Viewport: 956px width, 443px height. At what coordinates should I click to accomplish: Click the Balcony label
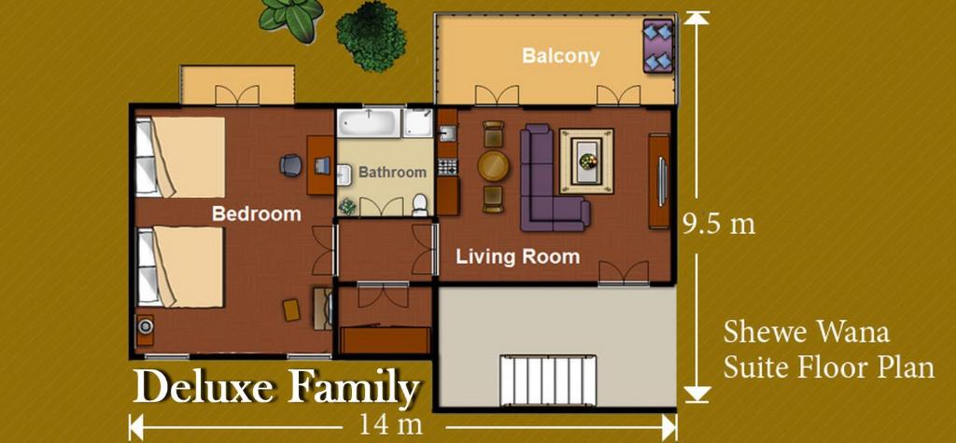click(x=560, y=56)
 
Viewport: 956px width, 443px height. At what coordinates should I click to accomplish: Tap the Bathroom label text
click(x=392, y=173)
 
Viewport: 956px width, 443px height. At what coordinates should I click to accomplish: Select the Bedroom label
click(x=256, y=214)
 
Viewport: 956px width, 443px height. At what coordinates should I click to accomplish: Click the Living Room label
click(x=517, y=256)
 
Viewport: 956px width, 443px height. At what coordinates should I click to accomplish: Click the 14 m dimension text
click(x=388, y=425)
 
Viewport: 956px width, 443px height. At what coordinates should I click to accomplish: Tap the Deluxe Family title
click(x=275, y=387)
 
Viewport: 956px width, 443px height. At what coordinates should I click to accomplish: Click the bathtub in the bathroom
click(x=370, y=122)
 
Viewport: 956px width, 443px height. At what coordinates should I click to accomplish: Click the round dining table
click(x=493, y=166)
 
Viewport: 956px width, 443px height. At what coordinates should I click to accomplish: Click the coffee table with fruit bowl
click(x=586, y=160)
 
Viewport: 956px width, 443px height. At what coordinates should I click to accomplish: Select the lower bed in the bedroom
click(x=181, y=267)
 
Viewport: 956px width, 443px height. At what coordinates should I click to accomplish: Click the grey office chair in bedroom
click(x=291, y=166)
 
